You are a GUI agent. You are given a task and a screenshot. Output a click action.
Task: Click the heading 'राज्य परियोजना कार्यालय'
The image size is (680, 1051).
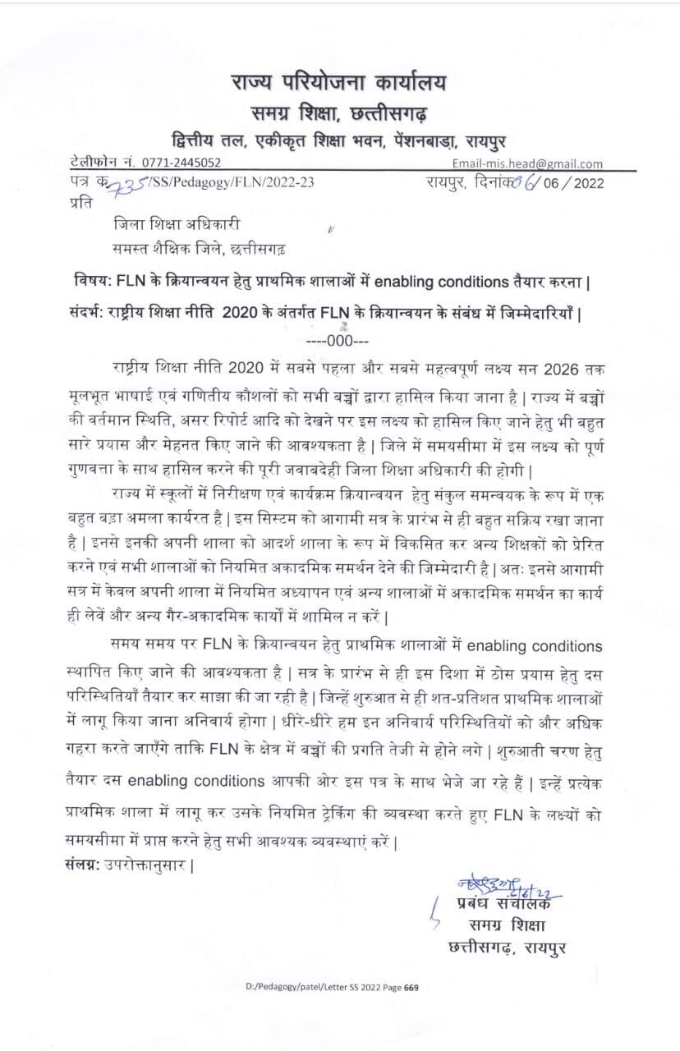coord(340,84)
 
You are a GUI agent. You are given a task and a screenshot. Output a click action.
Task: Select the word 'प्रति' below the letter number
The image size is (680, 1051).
coord(82,202)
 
